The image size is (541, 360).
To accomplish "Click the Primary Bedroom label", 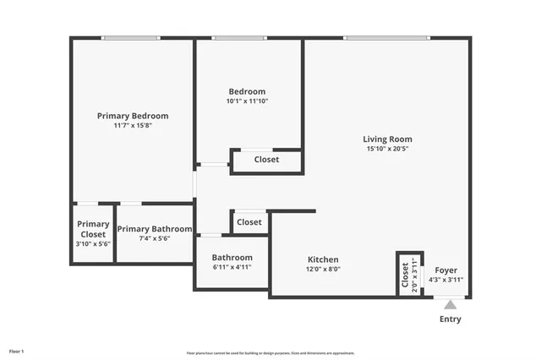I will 133,116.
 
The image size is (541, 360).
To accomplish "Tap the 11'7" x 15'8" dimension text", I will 133,126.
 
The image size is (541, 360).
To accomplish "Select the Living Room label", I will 387,139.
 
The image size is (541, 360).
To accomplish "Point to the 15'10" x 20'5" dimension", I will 387,150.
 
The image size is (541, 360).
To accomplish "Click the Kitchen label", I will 323,259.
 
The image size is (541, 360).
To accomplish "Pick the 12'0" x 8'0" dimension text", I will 323,270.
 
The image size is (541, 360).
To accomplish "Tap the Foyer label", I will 445,270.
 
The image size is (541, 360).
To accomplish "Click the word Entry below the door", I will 451,319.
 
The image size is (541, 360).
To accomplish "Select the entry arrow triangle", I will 451,304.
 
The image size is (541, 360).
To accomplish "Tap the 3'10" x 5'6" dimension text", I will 93,244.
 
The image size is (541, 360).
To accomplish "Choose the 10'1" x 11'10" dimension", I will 247,101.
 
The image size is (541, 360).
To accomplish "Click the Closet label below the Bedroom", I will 266,159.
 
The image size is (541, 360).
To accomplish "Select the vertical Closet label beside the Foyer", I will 406,275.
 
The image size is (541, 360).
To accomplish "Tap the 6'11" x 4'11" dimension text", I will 232,267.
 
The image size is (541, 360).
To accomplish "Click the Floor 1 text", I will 17,351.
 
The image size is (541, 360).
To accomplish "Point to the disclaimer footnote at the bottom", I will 270,352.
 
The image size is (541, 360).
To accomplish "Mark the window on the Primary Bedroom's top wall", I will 130,37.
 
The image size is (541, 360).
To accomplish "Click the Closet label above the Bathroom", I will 249,222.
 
